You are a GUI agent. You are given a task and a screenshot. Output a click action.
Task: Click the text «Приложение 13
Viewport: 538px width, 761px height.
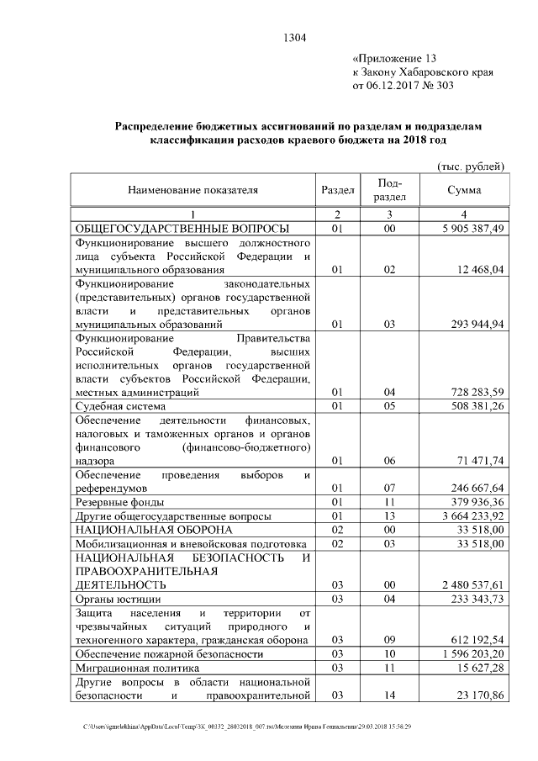[x=396, y=59]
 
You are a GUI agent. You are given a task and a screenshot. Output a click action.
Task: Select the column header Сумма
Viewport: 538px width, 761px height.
[x=464, y=191]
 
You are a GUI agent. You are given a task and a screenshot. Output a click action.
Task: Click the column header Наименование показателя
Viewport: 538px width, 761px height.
[x=193, y=191]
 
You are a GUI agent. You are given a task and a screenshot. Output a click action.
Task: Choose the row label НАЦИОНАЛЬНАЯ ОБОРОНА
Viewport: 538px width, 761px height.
[x=154, y=530]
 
